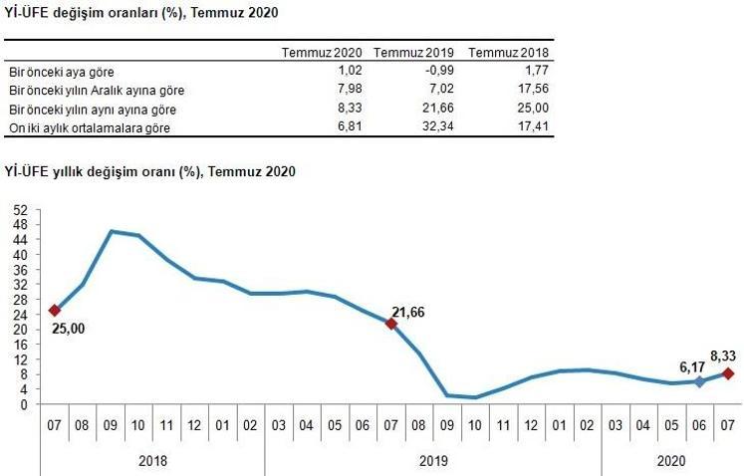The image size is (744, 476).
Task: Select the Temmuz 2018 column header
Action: [508, 53]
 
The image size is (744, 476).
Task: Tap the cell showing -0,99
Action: [436, 72]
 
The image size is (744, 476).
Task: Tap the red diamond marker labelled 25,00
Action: [55, 310]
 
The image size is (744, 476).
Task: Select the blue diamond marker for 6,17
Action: [700, 381]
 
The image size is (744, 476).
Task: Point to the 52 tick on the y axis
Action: [21, 209]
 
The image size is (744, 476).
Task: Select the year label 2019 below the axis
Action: [433, 461]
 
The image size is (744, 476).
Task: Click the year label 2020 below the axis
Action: [672, 461]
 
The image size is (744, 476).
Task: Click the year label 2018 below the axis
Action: [151, 461]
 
